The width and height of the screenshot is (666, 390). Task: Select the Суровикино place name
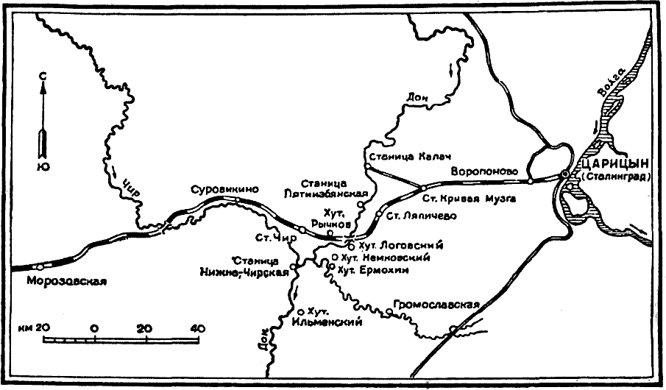(224, 188)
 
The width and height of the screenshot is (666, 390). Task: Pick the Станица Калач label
(410, 156)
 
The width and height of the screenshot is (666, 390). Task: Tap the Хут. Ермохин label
(375, 270)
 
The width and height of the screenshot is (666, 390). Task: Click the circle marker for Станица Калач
(366, 167)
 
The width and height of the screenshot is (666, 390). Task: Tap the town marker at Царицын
(565, 174)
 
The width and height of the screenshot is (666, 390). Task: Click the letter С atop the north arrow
(43, 76)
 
